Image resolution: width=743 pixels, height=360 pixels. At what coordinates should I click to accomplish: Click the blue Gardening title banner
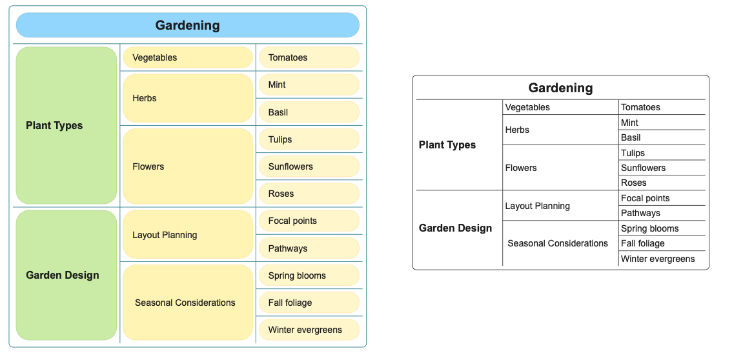click(x=188, y=25)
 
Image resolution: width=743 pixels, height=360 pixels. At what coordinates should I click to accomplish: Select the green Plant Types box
click(x=66, y=126)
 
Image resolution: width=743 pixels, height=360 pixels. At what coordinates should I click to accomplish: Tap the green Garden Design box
click(x=66, y=275)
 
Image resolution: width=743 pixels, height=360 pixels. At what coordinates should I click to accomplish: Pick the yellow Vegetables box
click(x=188, y=57)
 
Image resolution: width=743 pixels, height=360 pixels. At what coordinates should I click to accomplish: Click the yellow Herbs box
click(x=188, y=98)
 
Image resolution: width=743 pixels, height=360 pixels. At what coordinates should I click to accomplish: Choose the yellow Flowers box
click(x=188, y=166)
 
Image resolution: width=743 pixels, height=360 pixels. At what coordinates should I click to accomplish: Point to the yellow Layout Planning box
click(x=188, y=235)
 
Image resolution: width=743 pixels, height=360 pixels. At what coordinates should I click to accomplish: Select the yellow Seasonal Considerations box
click(x=188, y=302)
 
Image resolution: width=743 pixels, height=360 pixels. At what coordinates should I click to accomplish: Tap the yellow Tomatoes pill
click(x=309, y=57)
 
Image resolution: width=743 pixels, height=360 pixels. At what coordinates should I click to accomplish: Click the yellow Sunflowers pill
click(x=309, y=166)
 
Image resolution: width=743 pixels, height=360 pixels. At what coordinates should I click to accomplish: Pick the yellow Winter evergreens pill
click(x=309, y=330)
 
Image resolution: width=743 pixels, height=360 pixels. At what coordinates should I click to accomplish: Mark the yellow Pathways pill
click(x=309, y=248)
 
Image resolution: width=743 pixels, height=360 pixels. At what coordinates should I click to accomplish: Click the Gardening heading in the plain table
click(x=560, y=88)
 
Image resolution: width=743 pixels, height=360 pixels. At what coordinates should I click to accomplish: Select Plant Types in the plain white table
click(x=447, y=145)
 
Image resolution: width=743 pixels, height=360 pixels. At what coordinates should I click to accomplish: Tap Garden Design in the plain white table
click(x=455, y=228)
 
